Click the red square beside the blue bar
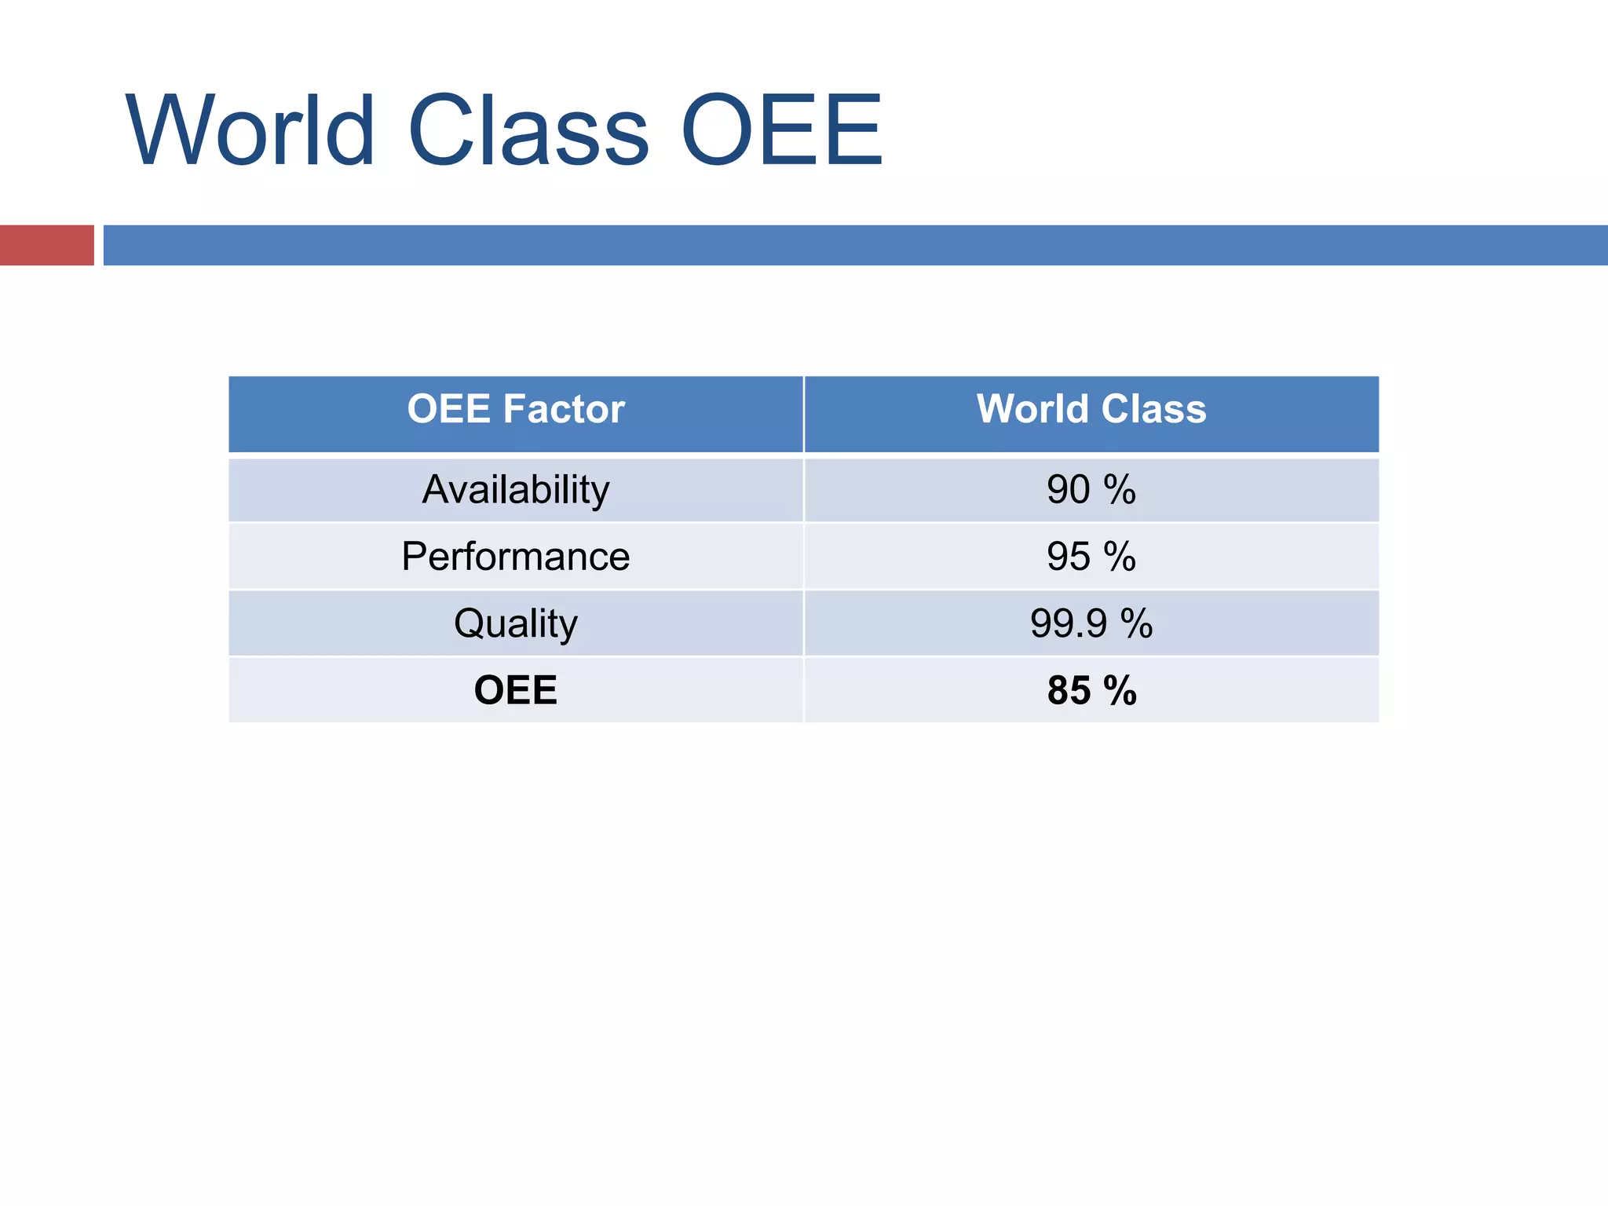[46, 245]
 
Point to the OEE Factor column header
[516, 409]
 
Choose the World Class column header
[1091, 409]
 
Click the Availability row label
[516, 490]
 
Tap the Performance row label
[516, 557]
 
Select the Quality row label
[516, 624]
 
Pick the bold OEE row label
[516, 690]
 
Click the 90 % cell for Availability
[1091, 490]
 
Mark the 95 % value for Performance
[1091, 557]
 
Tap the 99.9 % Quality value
[1091, 624]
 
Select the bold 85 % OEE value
[1091, 691]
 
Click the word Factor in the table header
[564, 409]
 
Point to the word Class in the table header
[1153, 409]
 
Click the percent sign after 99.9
[1136, 624]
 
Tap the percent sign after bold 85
[1120, 691]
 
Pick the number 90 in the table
[1069, 490]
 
